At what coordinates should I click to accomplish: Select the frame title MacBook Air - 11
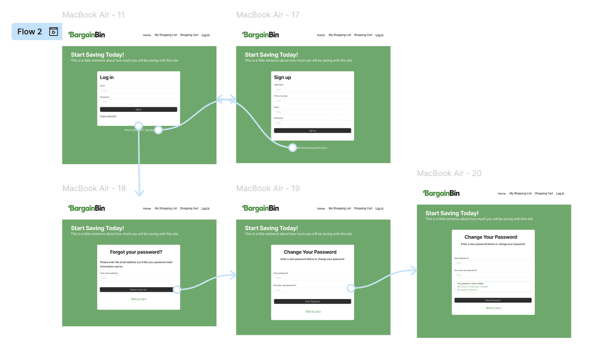(x=93, y=15)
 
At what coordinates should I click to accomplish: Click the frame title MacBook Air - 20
(x=449, y=174)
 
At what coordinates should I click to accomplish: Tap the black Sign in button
(x=138, y=109)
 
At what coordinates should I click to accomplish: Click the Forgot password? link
(x=108, y=116)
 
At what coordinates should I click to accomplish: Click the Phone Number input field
(x=312, y=101)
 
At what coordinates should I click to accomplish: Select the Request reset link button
(x=138, y=290)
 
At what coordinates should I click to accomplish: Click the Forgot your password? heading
(x=136, y=252)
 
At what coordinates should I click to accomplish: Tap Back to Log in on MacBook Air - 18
(x=139, y=299)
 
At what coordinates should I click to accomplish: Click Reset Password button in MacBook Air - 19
(x=312, y=302)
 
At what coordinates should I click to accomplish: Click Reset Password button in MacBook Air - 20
(x=493, y=300)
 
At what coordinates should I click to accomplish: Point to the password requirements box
(x=493, y=287)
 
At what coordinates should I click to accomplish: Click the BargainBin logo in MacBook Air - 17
(x=261, y=35)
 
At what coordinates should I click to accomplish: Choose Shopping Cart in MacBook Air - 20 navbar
(x=544, y=194)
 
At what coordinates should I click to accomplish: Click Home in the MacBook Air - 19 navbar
(x=321, y=209)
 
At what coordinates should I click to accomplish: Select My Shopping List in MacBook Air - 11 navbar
(x=166, y=35)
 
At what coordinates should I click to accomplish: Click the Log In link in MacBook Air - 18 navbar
(x=205, y=209)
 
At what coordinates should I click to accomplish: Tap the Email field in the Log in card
(x=138, y=91)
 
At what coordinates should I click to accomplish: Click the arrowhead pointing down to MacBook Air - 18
(x=139, y=193)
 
